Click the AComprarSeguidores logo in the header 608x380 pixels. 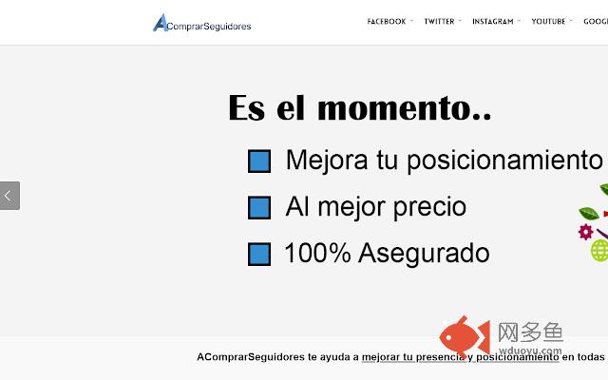(x=202, y=23)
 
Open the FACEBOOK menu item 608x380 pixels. (x=387, y=21)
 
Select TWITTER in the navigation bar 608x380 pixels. (x=439, y=21)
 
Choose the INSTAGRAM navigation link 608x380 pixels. (x=492, y=21)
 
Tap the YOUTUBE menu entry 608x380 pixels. (x=548, y=21)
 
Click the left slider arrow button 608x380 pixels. (x=9, y=196)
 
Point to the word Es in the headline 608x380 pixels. (x=247, y=107)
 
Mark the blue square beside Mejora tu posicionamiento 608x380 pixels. (x=259, y=161)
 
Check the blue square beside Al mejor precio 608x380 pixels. (x=259, y=208)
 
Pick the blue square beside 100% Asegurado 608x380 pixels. (x=259, y=255)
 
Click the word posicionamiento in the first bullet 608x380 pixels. (x=504, y=161)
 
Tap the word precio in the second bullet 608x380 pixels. (x=429, y=207)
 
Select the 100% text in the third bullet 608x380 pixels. (x=317, y=253)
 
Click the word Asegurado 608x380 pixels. (x=424, y=254)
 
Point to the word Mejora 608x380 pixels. (x=327, y=161)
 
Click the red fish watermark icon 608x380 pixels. (x=465, y=336)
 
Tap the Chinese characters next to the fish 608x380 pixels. (x=530, y=332)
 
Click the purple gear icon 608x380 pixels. (x=585, y=232)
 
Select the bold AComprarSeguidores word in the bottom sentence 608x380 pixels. (x=251, y=357)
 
